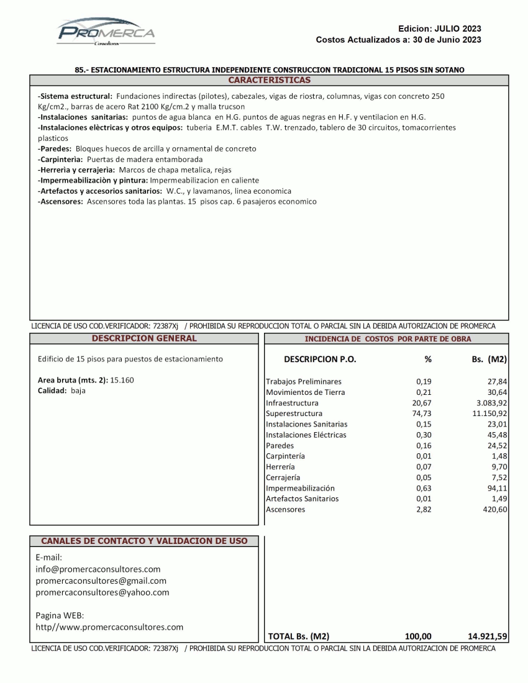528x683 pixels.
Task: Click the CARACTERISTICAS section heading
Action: (269, 80)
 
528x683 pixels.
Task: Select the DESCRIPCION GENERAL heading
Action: (144, 338)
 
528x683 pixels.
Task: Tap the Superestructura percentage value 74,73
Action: (422, 414)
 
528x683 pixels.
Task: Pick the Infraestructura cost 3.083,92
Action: (487, 403)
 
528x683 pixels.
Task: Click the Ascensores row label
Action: (285, 509)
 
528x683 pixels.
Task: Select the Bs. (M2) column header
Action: (489, 360)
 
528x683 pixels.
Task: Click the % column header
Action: (427, 360)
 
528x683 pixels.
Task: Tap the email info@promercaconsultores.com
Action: (98, 569)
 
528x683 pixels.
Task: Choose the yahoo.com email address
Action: (102, 592)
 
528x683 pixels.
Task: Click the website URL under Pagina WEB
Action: (110, 627)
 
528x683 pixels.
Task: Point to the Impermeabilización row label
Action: (300, 488)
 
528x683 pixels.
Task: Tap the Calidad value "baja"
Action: (78, 391)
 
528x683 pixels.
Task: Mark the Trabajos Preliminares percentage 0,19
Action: (424, 381)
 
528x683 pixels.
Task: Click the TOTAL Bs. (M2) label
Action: (298, 636)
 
